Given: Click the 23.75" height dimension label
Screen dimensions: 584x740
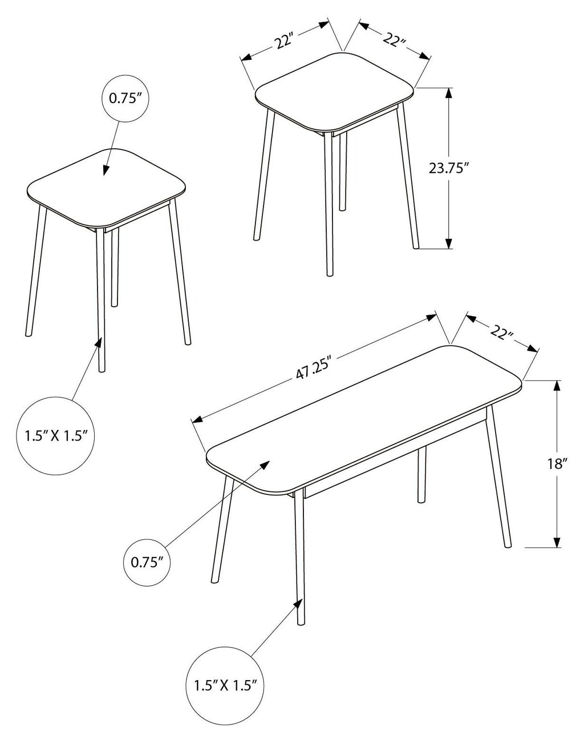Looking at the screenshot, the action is [x=449, y=168].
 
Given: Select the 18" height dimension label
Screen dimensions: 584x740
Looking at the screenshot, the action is [x=557, y=464].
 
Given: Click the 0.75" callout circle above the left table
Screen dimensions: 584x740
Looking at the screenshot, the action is [x=126, y=99].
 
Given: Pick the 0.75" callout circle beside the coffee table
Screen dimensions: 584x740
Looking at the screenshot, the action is [x=147, y=562].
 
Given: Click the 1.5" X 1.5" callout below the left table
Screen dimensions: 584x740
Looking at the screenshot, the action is [x=55, y=436].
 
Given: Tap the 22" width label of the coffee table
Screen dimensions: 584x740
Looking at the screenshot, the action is [x=502, y=334].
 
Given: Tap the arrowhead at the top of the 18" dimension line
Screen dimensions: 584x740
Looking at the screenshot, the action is [x=557, y=386].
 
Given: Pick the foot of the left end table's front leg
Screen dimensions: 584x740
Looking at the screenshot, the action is [x=102, y=369].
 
